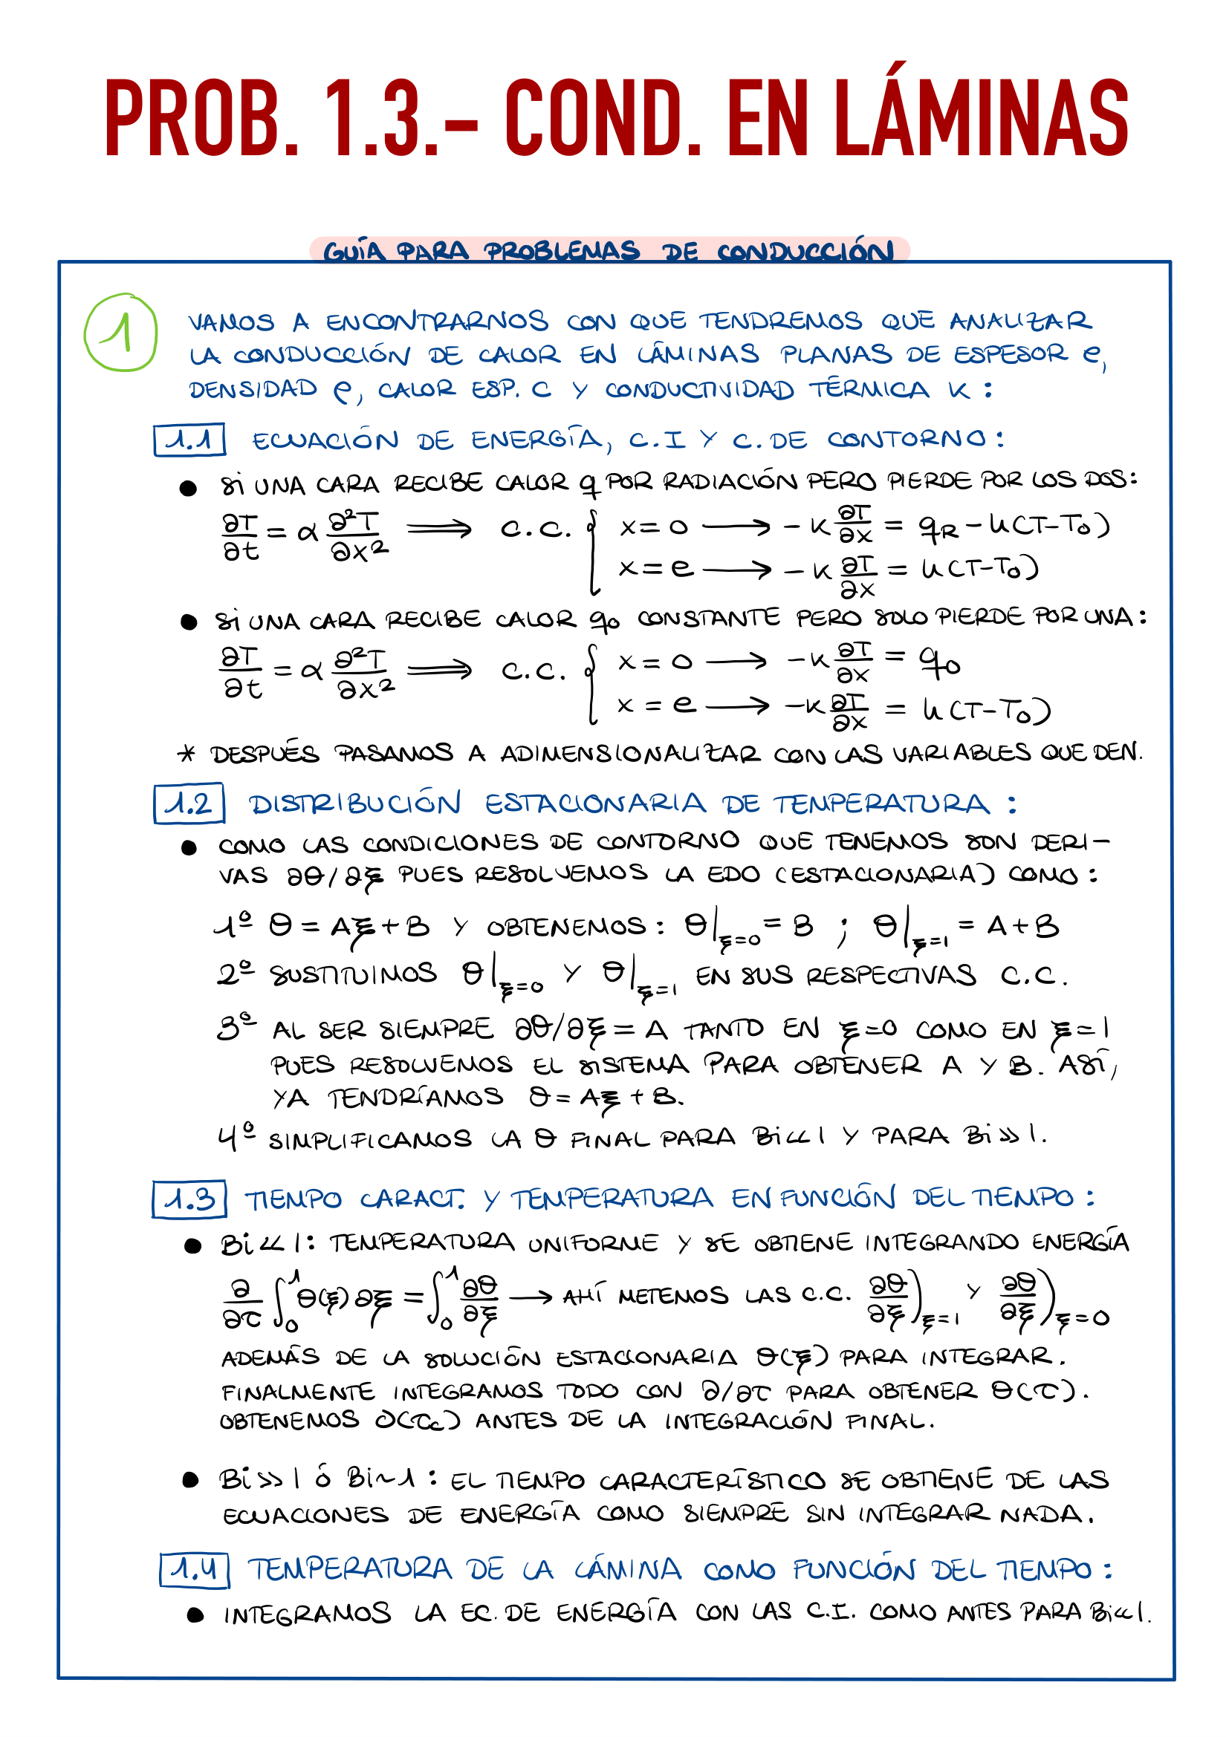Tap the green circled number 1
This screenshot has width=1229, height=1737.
tap(121, 332)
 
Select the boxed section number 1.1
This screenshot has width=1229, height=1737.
tap(189, 440)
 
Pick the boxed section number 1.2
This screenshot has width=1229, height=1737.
tap(189, 804)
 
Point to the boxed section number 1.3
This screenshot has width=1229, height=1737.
tap(189, 1199)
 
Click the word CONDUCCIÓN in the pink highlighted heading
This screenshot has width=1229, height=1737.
tap(805, 251)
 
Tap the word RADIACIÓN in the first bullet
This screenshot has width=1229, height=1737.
tap(730, 481)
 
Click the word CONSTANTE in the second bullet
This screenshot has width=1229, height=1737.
tap(707, 618)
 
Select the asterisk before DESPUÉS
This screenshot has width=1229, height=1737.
tap(187, 754)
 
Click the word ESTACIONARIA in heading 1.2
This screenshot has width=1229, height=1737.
tap(595, 804)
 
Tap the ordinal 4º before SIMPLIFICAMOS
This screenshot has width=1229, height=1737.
tap(236, 1137)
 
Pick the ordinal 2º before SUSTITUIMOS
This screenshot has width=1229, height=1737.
tap(236, 974)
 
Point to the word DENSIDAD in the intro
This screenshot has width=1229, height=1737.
tap(253, 389)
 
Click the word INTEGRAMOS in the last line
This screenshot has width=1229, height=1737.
tap(308, 1614)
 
